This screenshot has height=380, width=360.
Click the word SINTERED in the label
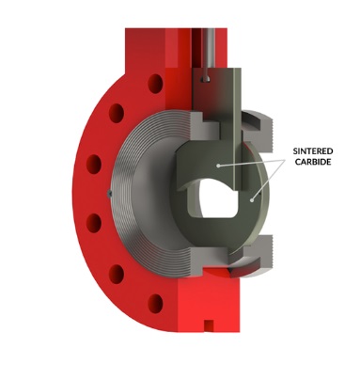point(313,151)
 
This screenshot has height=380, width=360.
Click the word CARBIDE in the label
point(313,162)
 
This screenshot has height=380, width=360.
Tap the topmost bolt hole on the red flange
point(155,84)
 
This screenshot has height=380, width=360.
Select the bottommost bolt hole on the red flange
point(155,303)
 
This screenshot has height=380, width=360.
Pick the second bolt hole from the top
point(117,113)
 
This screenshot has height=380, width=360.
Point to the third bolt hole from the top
point(94,164)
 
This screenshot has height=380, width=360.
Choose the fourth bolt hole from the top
point(94,223)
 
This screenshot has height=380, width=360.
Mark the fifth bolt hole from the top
point(117,274)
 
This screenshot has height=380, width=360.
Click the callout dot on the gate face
point(218,166)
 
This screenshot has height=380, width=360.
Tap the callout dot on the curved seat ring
point(251,199)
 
